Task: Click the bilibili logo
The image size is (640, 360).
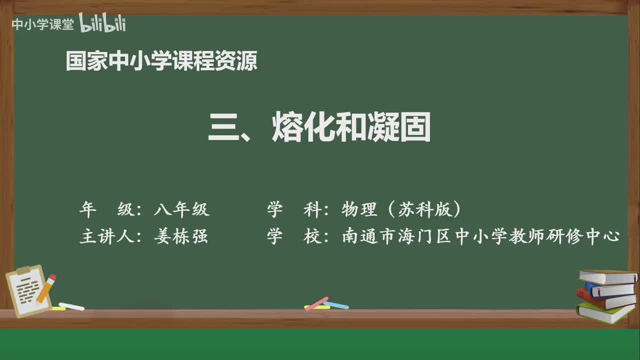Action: click(102, 23)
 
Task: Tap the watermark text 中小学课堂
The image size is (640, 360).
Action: click(42, 24)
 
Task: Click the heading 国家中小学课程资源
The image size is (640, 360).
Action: click(161, 61)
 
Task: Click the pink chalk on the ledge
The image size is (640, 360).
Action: click(316, 303)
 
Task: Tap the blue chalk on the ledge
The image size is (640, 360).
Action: click(336, 304)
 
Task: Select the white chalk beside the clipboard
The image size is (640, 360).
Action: click(71, 306)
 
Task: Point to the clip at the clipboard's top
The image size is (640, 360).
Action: click(22, 270)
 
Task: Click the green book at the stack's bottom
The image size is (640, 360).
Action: click(605, 312)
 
